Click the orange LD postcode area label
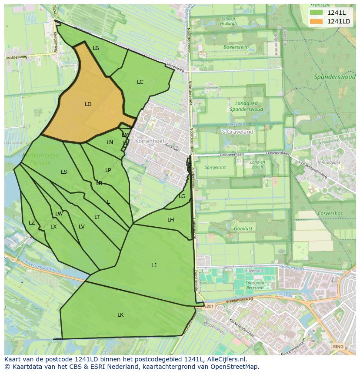coord(88,104)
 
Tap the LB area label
coord(96,48)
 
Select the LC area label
coord(140,82)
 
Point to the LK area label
coord(120,315)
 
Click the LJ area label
coord(154,265)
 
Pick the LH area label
coord(170,220)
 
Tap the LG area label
coord(182,196)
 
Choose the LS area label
coord(64,172)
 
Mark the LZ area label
coord(32,223)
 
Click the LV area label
coord(82,227)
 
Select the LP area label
coord(108,170)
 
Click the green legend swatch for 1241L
coord(316,13)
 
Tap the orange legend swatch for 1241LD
coord(316,21)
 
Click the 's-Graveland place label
coord(238,132)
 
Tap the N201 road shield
coord(209,306)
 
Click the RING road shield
coord(338,347)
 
